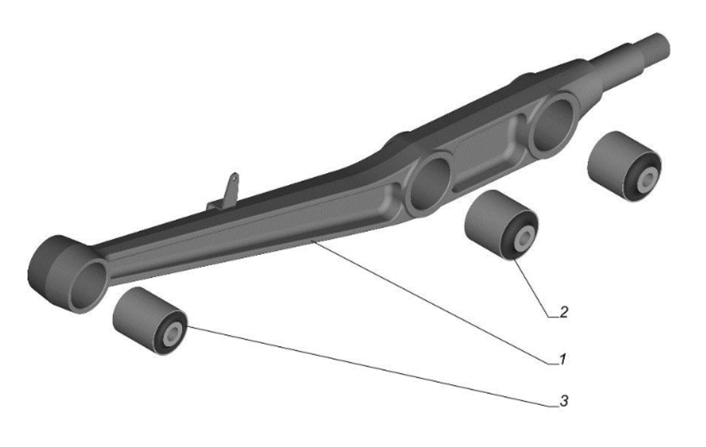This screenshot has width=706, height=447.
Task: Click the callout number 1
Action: coord(563,359)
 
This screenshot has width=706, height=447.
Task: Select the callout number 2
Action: coord(563,312)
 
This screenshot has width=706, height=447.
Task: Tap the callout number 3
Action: coord(563,400)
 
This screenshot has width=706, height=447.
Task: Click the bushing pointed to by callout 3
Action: coord(150,321)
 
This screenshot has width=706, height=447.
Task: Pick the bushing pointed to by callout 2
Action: coord(501,225)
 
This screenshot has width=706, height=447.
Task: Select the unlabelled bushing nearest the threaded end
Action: coord(625,166)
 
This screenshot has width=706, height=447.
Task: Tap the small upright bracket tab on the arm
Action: coord(228,191)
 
